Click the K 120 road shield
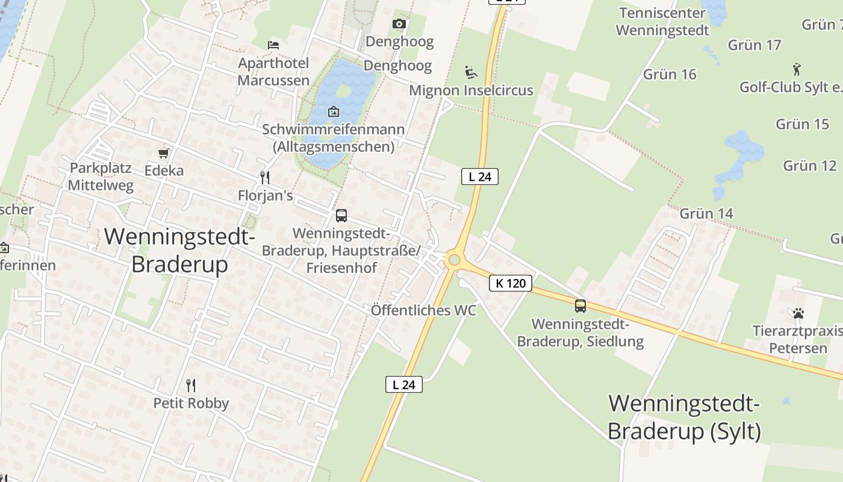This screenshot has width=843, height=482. coord(511,283)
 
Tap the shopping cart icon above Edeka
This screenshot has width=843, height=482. coord(163,154)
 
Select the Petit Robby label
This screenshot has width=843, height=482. coord(191,403)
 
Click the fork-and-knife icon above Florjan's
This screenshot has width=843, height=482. coord(264,177)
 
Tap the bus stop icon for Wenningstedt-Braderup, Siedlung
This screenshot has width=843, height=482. coord(580,305)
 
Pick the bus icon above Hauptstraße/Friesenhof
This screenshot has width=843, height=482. coord(341,215)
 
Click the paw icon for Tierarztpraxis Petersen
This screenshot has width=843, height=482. coord(798,313)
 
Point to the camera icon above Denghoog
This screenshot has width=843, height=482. coord(399,24)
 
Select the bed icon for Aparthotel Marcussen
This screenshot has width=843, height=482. coord(273,45)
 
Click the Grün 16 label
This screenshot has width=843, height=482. coord(670,74)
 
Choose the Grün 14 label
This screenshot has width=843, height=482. coord(706,213)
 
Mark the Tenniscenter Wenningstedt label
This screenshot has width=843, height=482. coord(662,21)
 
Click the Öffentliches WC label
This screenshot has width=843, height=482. coord(423,310)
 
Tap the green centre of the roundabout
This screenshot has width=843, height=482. coord(454,260)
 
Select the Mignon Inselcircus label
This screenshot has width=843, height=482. coord(471,90)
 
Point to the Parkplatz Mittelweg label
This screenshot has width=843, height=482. coord(101,176)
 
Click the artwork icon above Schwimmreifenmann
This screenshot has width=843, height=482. coord(333,111)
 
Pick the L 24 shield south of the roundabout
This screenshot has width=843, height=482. coord(404,384)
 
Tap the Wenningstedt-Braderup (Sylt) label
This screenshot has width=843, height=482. coord(684,417)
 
